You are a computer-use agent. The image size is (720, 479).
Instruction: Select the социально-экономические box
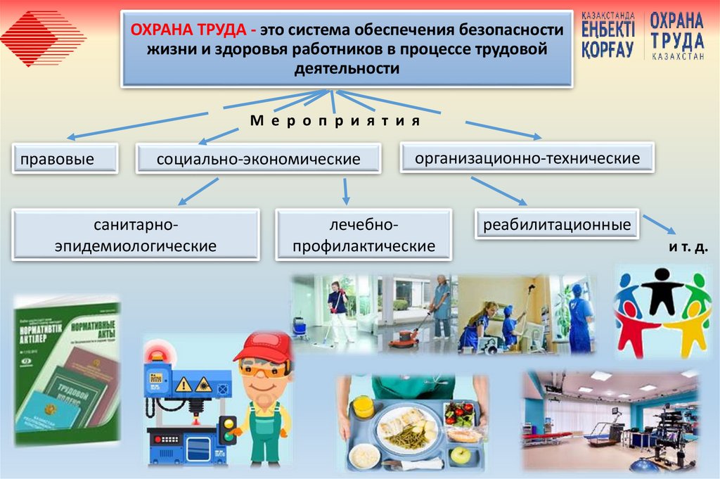pos(258,159)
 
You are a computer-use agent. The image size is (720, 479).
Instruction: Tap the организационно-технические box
pos(527,158)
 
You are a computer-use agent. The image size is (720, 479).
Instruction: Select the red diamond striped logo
pos(44,39)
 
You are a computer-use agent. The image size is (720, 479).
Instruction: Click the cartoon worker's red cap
pos(263,347)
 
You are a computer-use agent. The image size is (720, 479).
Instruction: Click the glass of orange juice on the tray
pos(363,407)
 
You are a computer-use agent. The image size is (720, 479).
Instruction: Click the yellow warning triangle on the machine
pos(184,384)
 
